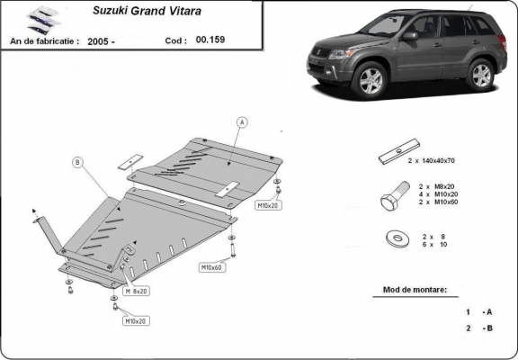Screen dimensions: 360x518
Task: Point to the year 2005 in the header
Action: point(102,41)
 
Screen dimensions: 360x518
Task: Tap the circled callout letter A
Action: point(242,121)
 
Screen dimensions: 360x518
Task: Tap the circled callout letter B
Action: point(77,162)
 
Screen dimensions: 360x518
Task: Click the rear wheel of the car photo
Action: point(481,73)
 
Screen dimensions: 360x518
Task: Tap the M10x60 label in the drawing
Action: point(211,267)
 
